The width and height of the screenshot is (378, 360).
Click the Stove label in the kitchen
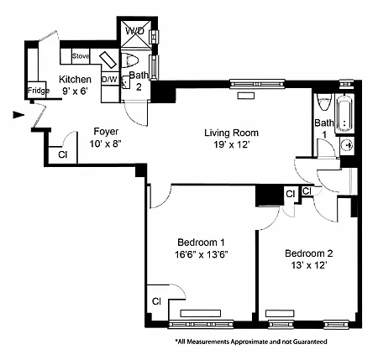point(81,56)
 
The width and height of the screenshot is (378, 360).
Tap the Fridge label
point(39,91)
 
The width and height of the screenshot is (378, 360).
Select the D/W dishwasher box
point(109,79)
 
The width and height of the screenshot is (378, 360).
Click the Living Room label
point(231,133)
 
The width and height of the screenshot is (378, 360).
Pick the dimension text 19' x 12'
point(232,144)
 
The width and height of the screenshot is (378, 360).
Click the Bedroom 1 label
point(201,243)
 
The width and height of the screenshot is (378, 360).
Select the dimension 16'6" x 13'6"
point(202,254)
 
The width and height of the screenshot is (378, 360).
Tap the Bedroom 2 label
point(309,253)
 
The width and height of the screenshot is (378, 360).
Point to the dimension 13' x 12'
point(309,265)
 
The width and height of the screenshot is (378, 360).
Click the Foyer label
point(106,132)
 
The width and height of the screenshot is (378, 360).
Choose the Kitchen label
point(75,80)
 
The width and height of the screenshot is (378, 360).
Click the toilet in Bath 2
point(130,60)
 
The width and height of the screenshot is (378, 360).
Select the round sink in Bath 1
point(348,145)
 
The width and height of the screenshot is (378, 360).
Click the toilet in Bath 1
point(324,102)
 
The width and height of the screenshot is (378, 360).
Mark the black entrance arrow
point(18,115)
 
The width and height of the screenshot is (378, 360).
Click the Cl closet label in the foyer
point(63,154)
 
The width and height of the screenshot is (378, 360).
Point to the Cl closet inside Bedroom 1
point(157,301)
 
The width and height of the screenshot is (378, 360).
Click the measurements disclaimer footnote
point(251,342)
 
